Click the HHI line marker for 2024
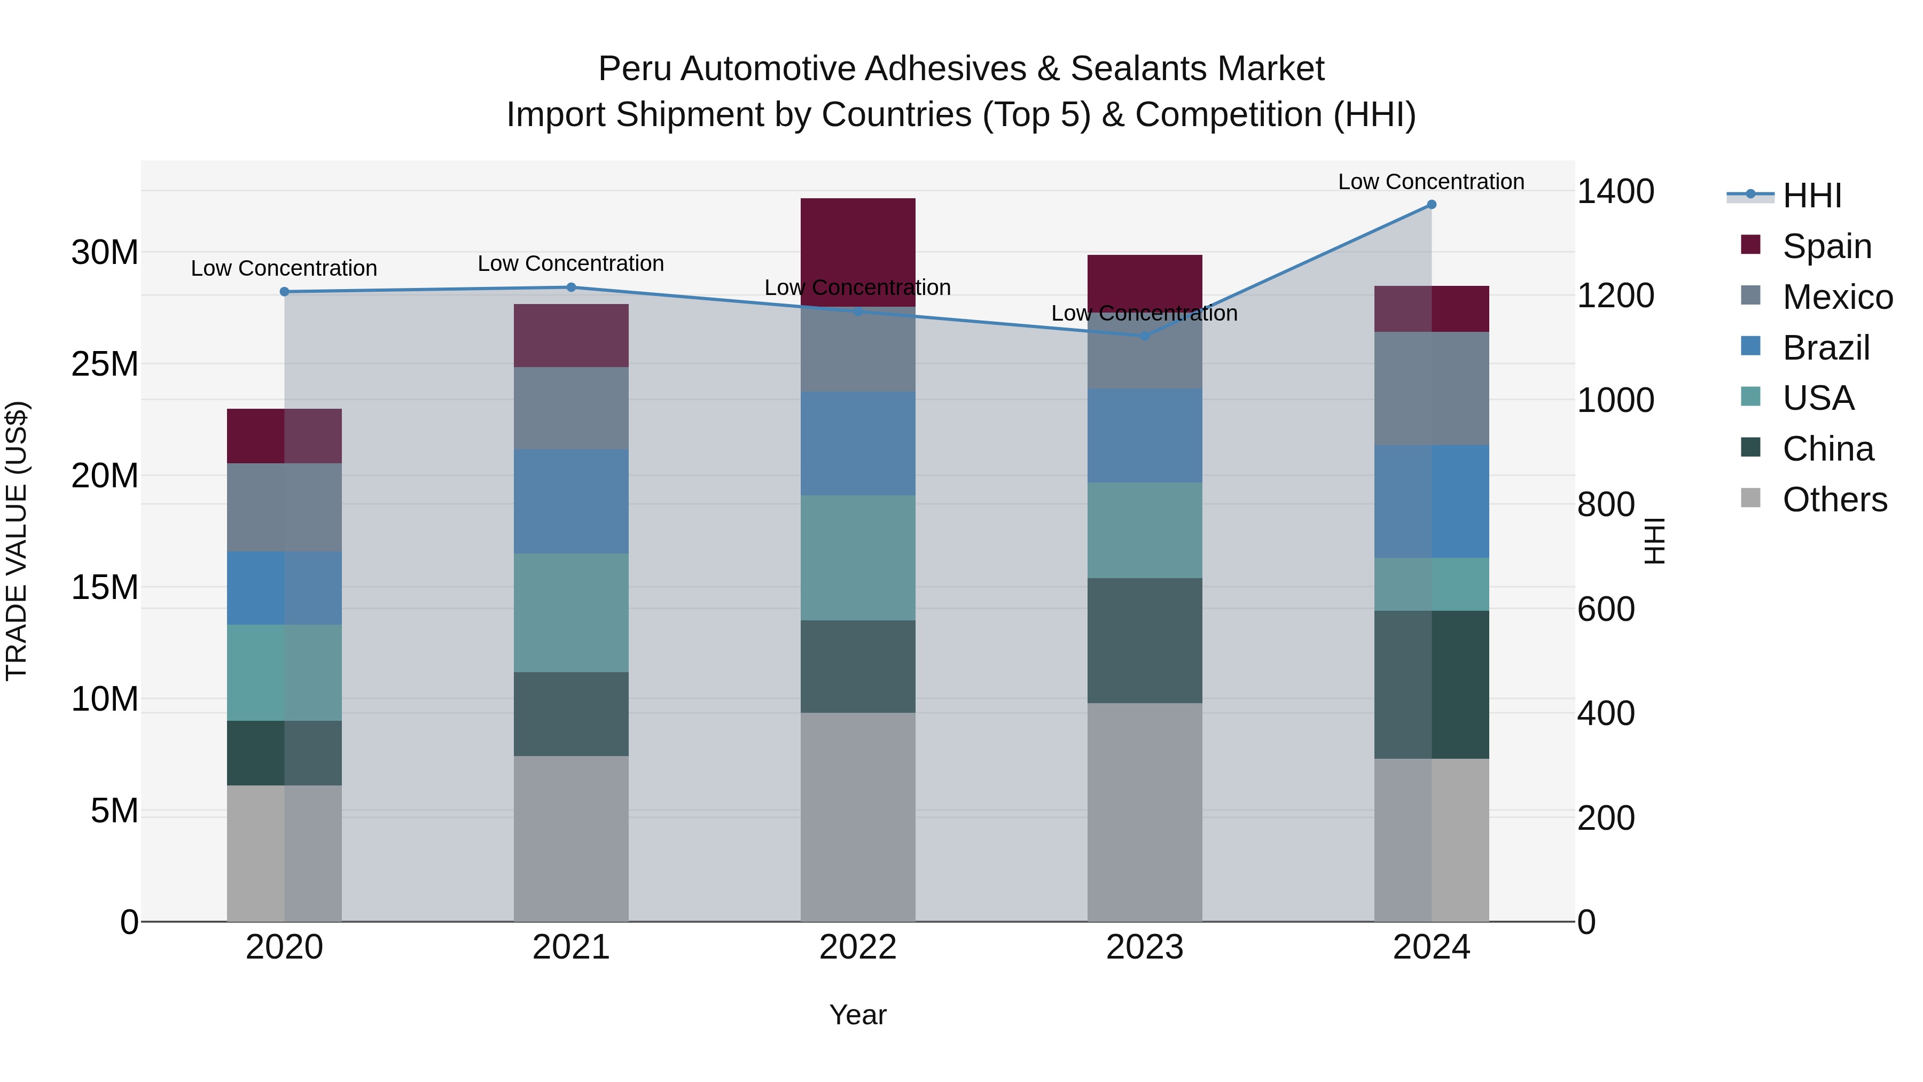coord(1431,205)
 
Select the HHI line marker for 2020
coord(284,292)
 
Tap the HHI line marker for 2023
coord(1144,336)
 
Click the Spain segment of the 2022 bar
coord(858,252)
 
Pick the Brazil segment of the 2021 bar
coord(571,501)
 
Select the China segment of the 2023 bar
coord(1144,640)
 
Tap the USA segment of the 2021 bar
coord(571,612)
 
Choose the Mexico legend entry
coord(1836,297)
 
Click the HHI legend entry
coord(1811,196)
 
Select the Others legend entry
coord(1833,500)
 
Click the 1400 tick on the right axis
coord(1615,192)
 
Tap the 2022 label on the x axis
coord(858,947)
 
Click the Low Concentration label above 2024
coord(1430,182)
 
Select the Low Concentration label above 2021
coord(570,263)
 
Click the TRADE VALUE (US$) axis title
coord(17,541)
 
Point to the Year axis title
coord(858,1015)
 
